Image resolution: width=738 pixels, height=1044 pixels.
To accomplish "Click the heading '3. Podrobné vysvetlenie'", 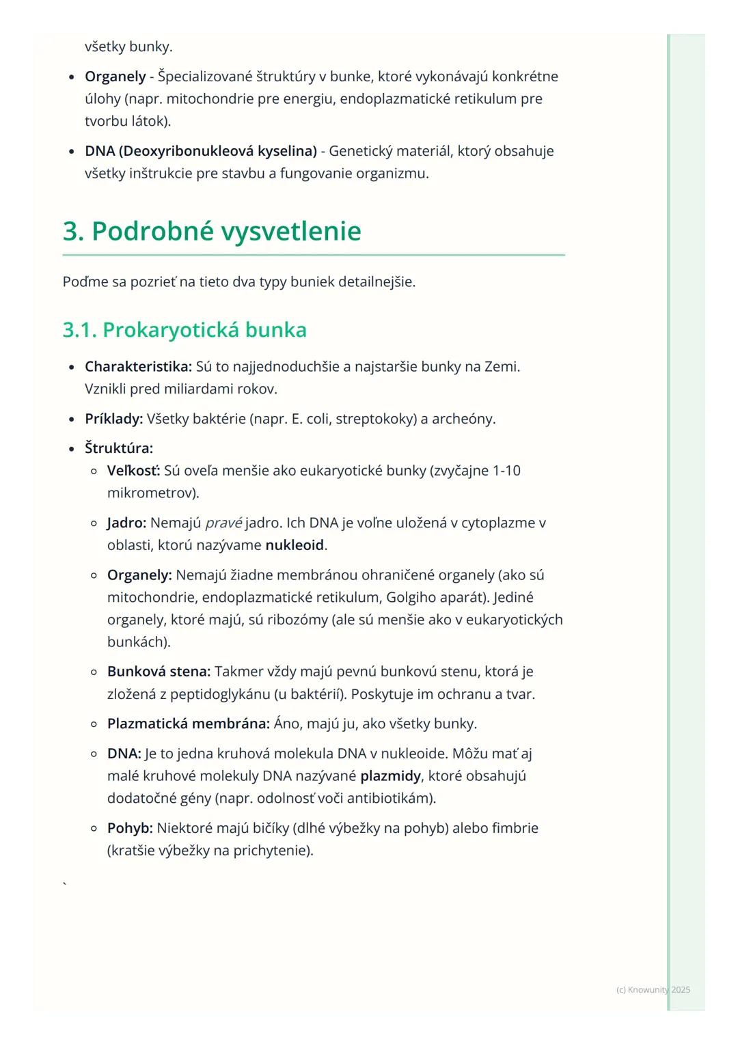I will [x=212, y=232].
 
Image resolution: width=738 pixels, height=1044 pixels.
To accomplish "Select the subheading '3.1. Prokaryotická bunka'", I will [x=184, y=330].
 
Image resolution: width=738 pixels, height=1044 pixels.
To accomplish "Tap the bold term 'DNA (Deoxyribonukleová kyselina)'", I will [x=201, y=151].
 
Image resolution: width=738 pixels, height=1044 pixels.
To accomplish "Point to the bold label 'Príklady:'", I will [x=113, y=419].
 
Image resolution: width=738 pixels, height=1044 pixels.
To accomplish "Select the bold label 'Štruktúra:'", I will [x=119, y=448].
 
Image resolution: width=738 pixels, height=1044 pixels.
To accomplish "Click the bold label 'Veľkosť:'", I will [x=133, y=471].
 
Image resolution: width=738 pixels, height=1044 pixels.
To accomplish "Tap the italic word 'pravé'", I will [x=223, y=523].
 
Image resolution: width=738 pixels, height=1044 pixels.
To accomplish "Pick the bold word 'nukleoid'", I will [x=295, y=545].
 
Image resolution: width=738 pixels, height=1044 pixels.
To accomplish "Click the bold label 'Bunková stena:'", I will [x=159, y=672].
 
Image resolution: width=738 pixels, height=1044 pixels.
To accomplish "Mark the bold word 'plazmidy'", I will [x=390, y=776].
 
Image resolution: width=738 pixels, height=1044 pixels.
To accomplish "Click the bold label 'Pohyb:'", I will [x=130, y=828].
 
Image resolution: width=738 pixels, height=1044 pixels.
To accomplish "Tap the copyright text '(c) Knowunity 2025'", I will [x=653, y=989].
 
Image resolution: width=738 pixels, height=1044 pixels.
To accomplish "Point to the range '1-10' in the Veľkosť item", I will [x=506, y=471].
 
